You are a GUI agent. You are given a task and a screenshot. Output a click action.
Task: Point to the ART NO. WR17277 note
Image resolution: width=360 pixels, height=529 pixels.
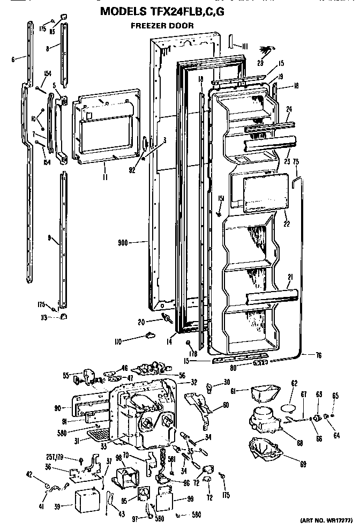point(325,520)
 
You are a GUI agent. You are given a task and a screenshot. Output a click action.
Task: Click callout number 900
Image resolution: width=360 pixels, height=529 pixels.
point(125,242)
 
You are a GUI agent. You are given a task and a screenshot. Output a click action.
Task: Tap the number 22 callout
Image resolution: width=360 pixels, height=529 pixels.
point(287,223)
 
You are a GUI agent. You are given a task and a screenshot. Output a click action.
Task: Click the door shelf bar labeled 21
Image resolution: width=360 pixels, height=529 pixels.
point(271,295)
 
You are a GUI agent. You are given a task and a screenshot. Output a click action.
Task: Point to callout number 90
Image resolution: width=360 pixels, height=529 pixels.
point(57,408)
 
